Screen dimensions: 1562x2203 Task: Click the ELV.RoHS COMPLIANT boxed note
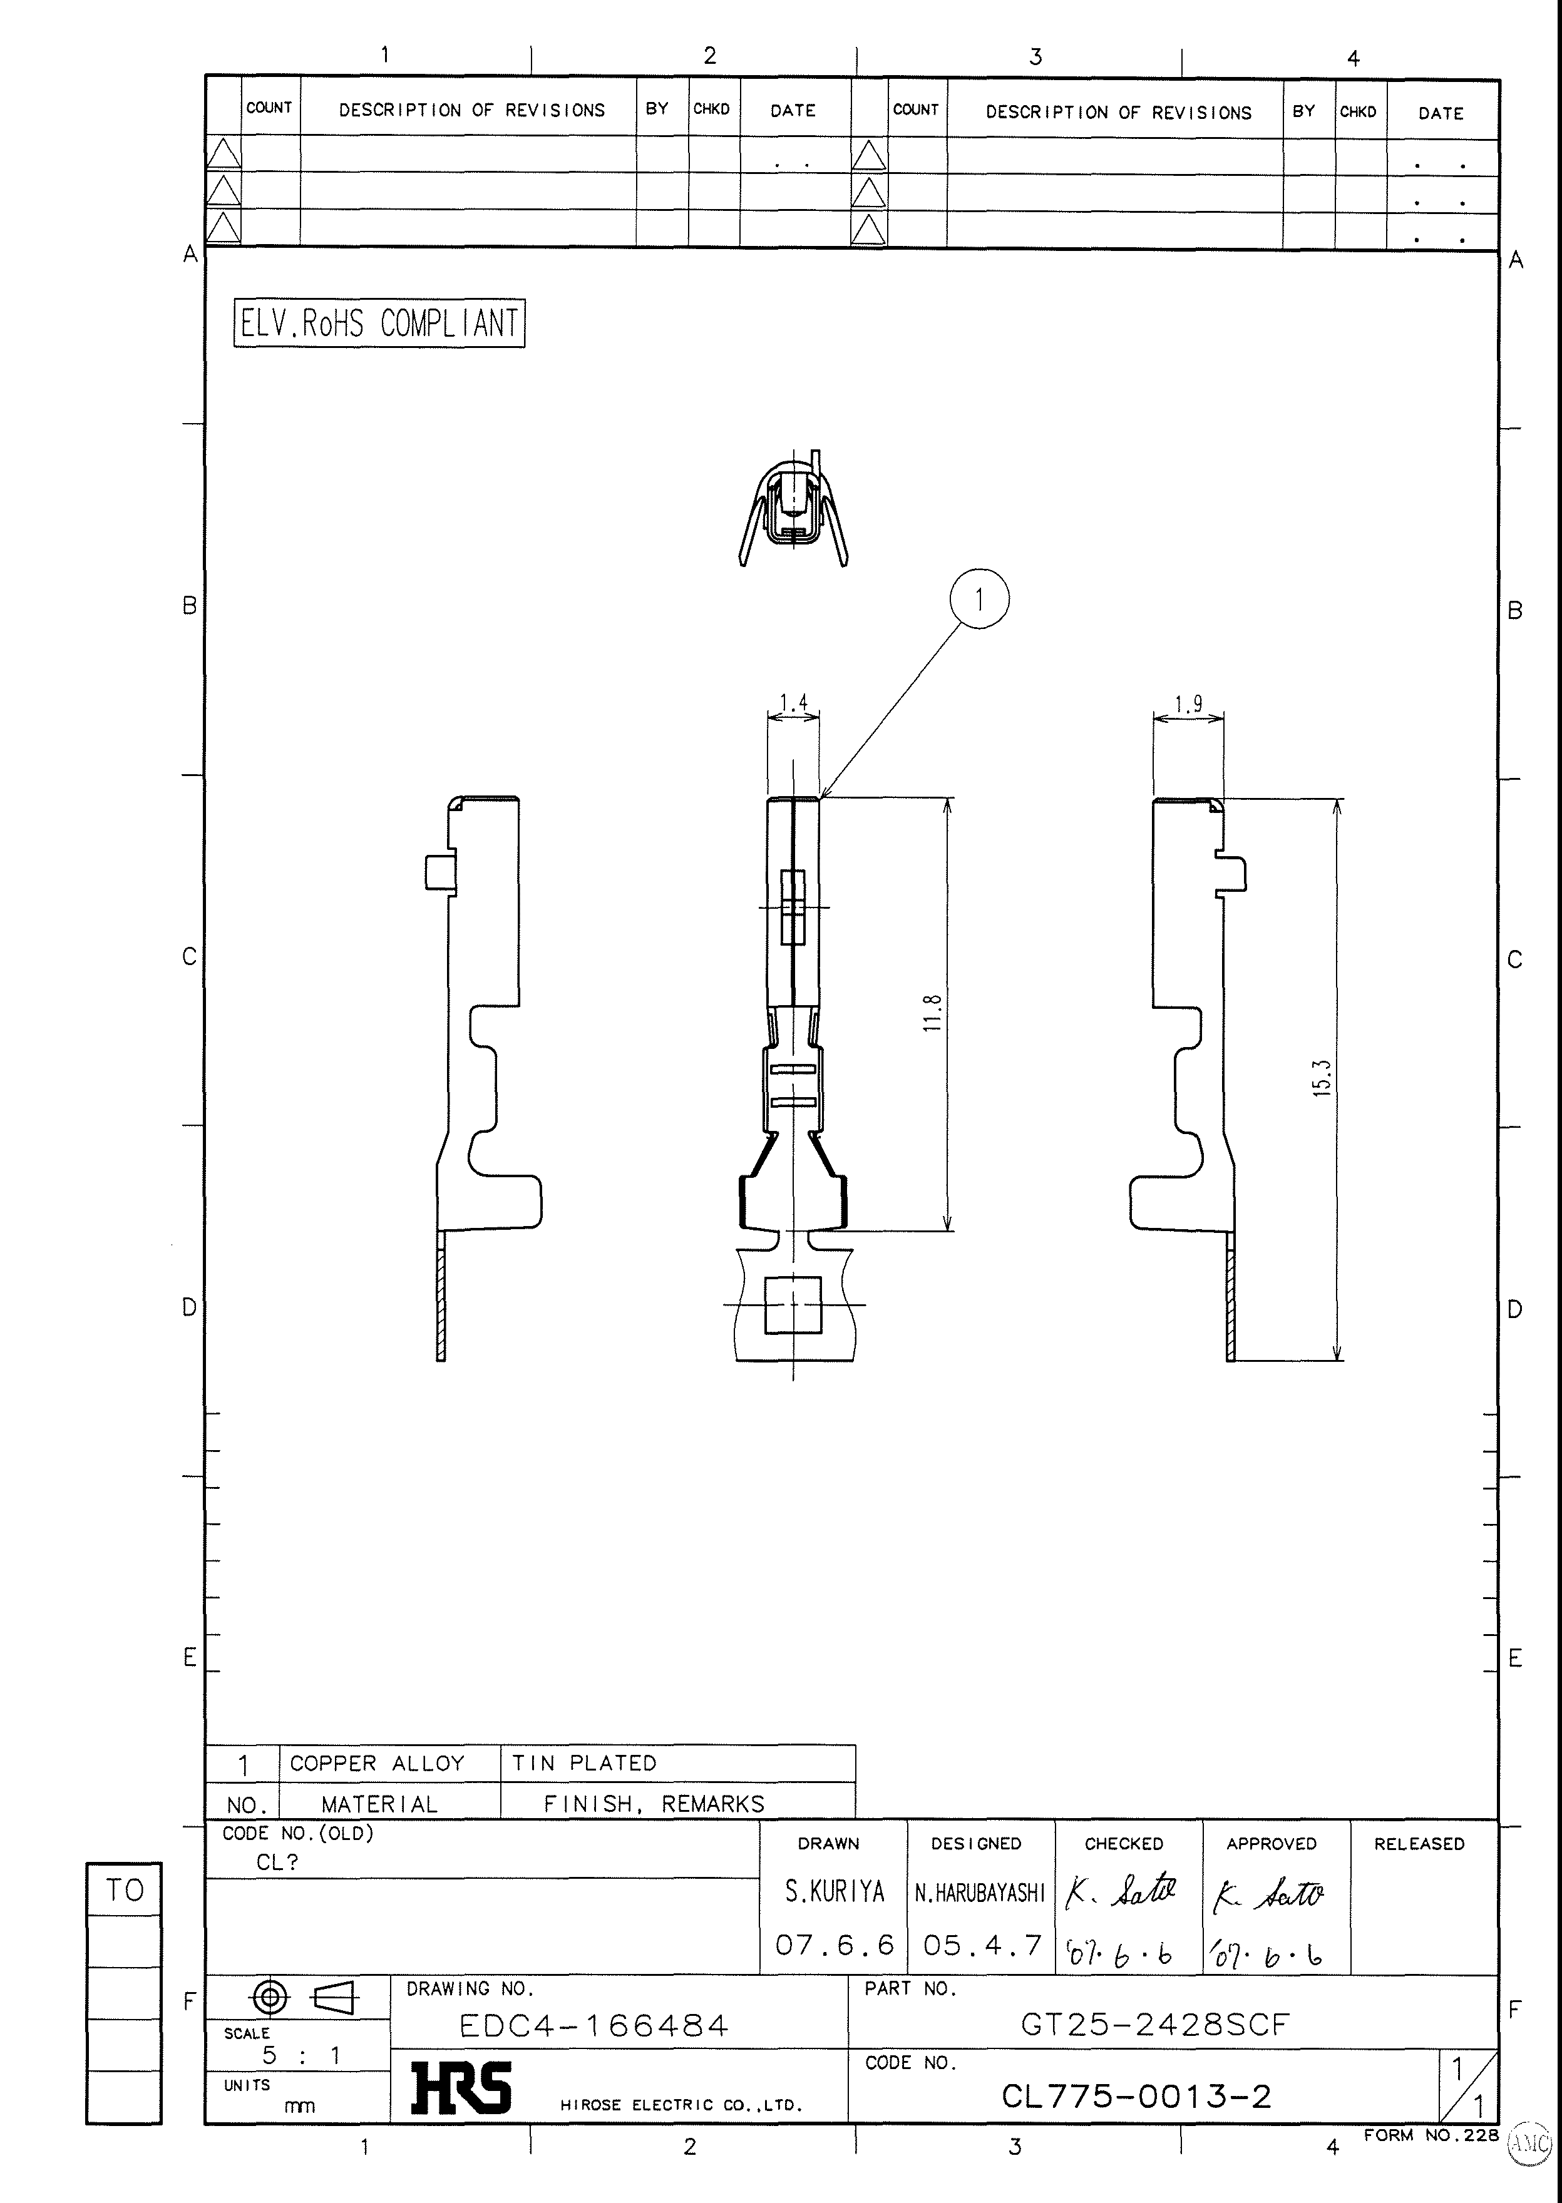(379, 323)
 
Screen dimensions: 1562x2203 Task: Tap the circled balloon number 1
(979, 599)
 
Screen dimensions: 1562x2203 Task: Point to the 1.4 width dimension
(793, 703)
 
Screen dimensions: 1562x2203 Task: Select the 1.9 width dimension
(1189, 704)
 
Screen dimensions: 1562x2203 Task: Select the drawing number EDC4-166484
(594, 2025)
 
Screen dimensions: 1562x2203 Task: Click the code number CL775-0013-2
(1136, 2096)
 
